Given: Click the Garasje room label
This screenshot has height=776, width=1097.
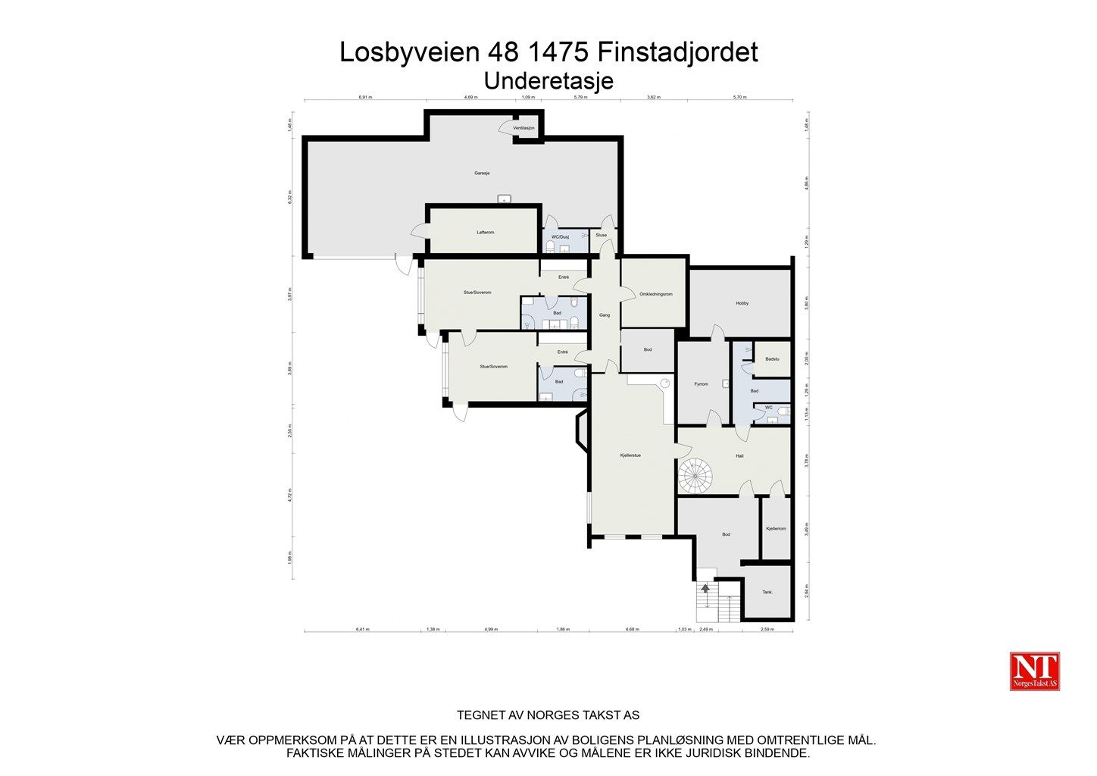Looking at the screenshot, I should pyautogui.click(x=482, y=174).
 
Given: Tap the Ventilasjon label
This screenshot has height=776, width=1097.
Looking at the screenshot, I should pyautogui.click(x=523, y=128).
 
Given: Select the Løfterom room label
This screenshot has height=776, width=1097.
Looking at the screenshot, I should pyautogui.click(x=486, y=233).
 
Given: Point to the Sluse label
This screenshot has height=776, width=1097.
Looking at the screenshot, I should pyautogui.click(x=602, y=235).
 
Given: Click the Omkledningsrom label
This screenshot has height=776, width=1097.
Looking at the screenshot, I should pyautogui.click(x=656, y=294).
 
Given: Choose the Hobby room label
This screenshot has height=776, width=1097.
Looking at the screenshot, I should pyautogui.click(x=742, y=303).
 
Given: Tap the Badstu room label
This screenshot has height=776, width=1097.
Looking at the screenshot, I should pyautogui.click(x=773, y=359).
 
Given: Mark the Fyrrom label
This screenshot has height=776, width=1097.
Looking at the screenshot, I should pyautogui.click(x=702, y=384).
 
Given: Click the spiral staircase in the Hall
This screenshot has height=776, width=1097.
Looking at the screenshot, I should pyautogui.click(x=695, y=475).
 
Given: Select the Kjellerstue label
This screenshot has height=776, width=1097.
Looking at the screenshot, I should pyautogui.click(x=630, y=455).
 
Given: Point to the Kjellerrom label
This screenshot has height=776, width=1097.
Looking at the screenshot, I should pyautogui.click(x=776, y=528).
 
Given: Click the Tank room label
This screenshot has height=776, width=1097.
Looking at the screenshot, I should pyautogui.click(x=767, y=592).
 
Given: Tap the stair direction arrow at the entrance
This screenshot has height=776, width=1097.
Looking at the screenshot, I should pyautogui.click(x=706, y=588).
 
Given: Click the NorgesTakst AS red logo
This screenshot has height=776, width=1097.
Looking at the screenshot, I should pyautogui.click(x=1035, y=671).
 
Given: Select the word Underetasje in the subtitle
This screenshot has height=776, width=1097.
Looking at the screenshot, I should pyautogui.click(x=548, y=81).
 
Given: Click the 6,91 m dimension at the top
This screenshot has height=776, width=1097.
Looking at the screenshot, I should pyautogui.click(x=365, y=98).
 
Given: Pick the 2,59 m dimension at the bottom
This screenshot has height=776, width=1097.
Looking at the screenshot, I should pyautogui.click(x=767, y=629).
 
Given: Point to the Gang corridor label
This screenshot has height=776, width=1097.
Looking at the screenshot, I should pyautogui.click(x=605, y=314).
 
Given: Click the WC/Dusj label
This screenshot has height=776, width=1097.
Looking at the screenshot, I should pyautogui.click(x=560, y=237).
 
